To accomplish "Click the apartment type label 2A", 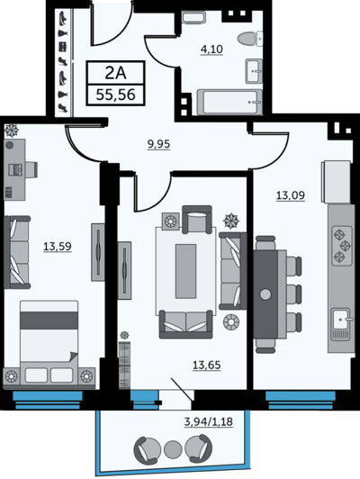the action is (115, 73).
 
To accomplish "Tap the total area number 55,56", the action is (115, 95).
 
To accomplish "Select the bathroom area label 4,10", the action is (211, 49).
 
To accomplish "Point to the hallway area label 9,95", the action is (158, 144).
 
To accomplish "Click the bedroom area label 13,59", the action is (58, 246).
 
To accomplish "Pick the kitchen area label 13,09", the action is (291, 194).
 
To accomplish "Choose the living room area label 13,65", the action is (206, 365).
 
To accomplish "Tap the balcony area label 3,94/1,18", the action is (209, 422).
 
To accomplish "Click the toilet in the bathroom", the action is (250, 39).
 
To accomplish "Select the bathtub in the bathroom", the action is (229, 102).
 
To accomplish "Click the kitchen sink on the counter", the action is (341, 320).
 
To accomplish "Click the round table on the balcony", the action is (173, 448).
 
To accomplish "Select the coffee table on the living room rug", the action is (185, 271).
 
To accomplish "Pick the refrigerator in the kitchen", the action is (337, 182).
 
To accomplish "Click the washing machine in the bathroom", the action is (193, 17).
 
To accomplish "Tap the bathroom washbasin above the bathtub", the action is (254, 71).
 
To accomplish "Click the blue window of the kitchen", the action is (301, 401).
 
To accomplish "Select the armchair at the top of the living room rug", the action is (197, 219).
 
